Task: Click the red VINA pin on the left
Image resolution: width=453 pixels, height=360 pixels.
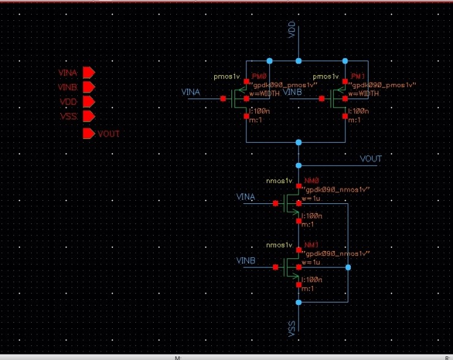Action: click(x=88, y=73)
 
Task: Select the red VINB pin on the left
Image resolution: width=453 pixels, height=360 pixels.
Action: click(x=88, y=88)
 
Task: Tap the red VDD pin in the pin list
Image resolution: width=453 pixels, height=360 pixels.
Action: click(x=88, y=102)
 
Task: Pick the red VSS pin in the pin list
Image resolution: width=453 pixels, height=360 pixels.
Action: click(x=88, y=116)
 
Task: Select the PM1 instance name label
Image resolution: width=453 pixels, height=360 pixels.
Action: click(x=358, y=77)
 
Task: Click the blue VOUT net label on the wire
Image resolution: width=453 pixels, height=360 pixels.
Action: click(x=370, y=159)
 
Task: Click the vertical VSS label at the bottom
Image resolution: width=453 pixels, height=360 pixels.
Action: click(x=292, y=329)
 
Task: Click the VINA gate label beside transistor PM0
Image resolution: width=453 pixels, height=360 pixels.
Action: click(x=191, y=92)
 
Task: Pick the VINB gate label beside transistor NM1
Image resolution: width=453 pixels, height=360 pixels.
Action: click(x=245, y=261)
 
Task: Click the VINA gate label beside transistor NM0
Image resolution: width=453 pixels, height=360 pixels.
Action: click(x=245, y=197)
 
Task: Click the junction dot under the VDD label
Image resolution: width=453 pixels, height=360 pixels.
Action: click(x=298, y=61)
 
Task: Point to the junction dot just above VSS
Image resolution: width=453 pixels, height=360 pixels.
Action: click(x=298, y=302)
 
